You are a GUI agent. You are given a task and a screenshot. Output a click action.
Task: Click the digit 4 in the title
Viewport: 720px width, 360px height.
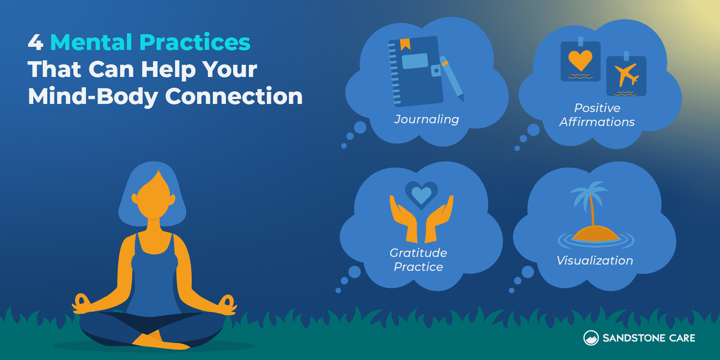pyautogui.click(x=36, y=42)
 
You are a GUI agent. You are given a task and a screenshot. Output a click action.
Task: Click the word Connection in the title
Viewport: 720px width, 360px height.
pyautogui.click(x=234, y=96)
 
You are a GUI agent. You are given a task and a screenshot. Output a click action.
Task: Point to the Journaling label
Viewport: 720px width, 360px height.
pyautogui.click(x=427, y=119)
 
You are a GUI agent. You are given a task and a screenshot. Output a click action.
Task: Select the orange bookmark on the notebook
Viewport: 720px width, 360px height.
pyautogui.click(x=405, y=44)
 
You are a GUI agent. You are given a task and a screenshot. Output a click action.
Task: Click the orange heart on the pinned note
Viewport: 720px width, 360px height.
pyautogui.click(x=580, y=60)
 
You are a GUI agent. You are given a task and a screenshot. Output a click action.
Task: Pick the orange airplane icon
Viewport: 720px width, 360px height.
pyautogui.click(x=626, y=74)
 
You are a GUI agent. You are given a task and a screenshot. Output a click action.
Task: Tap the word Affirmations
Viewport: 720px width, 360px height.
pyautogui.click(x=597, y=122)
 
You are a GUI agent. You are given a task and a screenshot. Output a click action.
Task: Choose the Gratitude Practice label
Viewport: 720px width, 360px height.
pyautogui.click(x=418, y=260)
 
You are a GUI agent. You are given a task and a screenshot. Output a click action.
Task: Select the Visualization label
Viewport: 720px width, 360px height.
pyautogui.click(x=595, y=261)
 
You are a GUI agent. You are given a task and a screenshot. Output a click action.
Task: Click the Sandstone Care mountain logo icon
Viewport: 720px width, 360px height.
pyautogui.click(x=591, y=338)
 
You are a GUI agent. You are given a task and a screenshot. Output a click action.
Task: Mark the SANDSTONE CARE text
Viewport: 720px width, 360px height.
pyautogui.click(x=648, y=338)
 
